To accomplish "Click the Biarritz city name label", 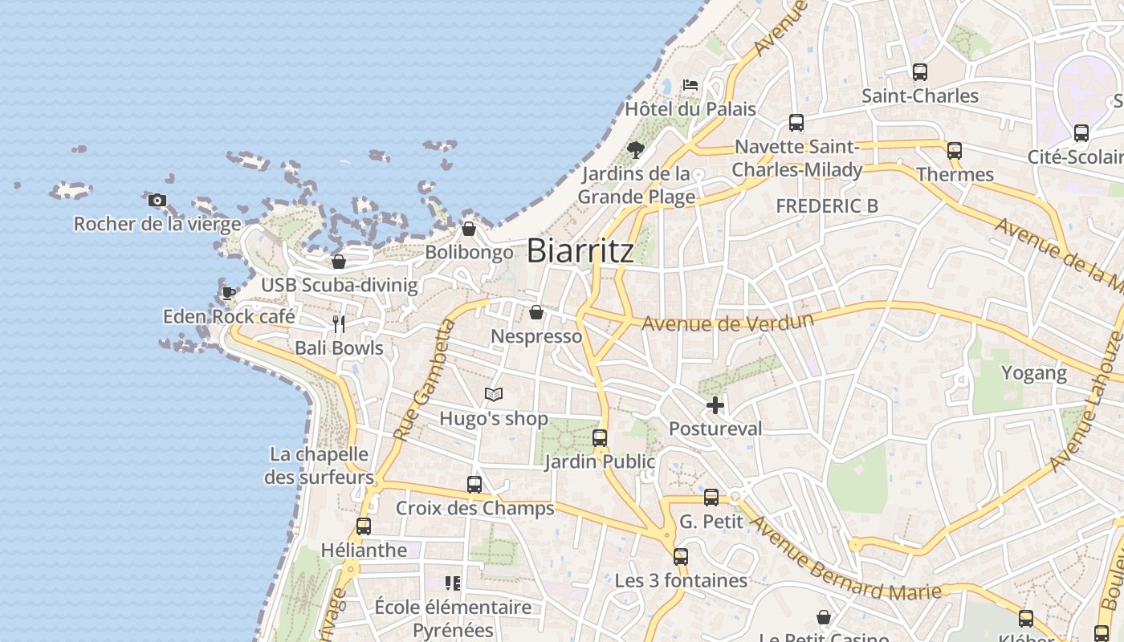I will tap(580, 251).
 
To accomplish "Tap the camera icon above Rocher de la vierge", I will tap(157, 200).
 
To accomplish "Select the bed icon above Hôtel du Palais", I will tap(690, 84).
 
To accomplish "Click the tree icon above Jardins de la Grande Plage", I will tap(636, 149).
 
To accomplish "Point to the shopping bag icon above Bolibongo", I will tap(469, 229).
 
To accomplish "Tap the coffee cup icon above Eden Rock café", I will tap(229, 293).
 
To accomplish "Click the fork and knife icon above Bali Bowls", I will tap(339, 324).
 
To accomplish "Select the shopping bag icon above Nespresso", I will tap(536, 312).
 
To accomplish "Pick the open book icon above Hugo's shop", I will tap(494, 395).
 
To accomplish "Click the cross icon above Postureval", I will tap(715, 405).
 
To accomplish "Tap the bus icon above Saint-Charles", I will tap(920, 72).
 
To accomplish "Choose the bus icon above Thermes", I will tap(955, 150).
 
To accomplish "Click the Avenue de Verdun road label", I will tap(728, 323).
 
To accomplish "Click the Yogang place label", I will tap(1033, 373).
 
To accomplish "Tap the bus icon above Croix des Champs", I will tap(474, 485).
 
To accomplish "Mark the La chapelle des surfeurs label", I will tap(320, 465).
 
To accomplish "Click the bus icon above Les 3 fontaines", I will tap(681, 556).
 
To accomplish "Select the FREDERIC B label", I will tap(827, 206).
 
